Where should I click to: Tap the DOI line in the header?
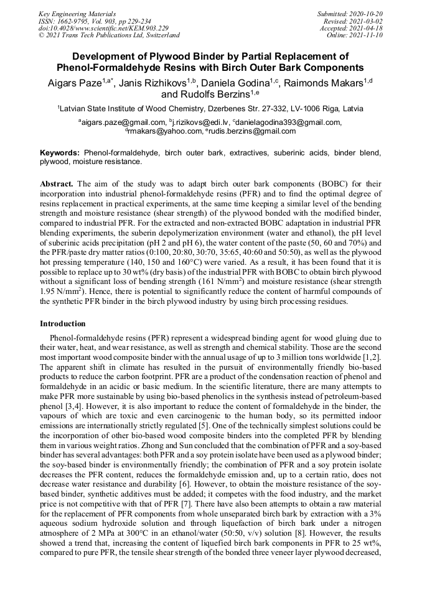click(103, 28)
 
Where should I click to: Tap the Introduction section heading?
click(63, 324)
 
